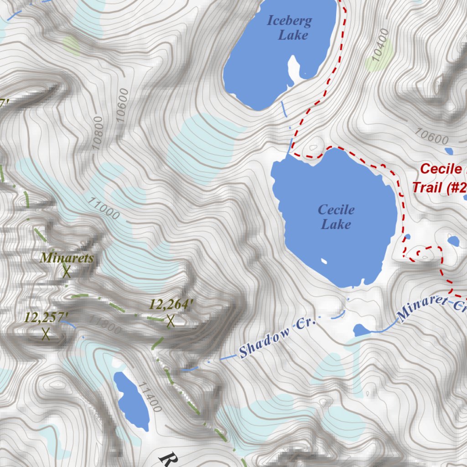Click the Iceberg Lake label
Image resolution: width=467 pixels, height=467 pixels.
coord(289,27)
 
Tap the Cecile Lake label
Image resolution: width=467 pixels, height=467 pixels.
coord(336,217)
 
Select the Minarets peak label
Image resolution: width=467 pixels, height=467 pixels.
coord(67,258)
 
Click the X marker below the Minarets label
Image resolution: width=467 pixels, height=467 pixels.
coord(67,272)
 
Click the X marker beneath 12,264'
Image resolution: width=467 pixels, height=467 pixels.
coord(171,321)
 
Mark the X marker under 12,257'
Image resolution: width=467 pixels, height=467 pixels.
coord(46,334)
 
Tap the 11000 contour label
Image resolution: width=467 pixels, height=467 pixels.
coord(105,208)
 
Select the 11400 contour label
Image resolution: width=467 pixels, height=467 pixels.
coord(151,397)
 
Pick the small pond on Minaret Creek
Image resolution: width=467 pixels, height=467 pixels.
coord(363,330)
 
